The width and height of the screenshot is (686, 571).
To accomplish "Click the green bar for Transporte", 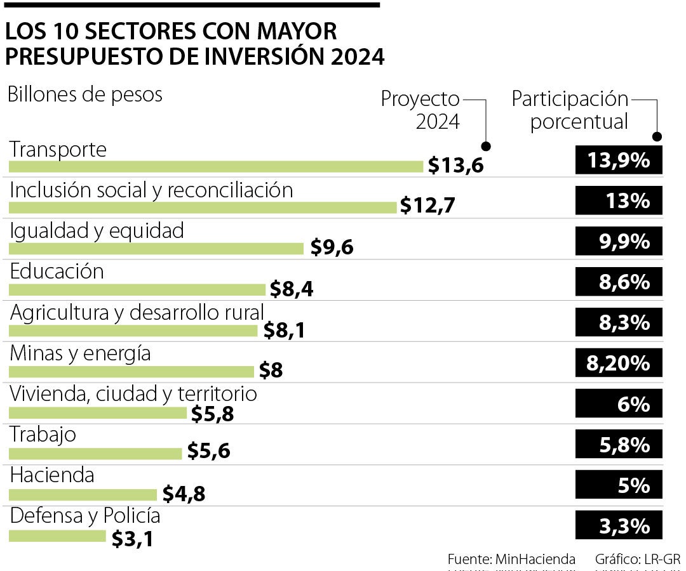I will (x=216, y=166).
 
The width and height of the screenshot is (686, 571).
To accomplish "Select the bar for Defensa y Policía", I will (x=57, y=536).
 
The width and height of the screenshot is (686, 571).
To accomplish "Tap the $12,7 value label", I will (x=428, y=206).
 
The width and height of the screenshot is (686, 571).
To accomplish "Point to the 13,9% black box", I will (x=619, y=160).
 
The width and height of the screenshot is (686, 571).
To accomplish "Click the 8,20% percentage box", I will (x=619, y=364).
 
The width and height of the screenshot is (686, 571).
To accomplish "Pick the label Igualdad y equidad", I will (x=97, y=230).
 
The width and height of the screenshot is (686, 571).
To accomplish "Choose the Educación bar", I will (x=137, y=290).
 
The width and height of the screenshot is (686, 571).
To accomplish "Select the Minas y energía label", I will (x=81, y=353).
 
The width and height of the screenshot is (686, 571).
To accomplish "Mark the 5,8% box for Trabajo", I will (x=619, y=445).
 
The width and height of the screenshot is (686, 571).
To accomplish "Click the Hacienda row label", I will (x=52, y=475).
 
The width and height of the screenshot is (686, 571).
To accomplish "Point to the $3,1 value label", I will (x=132, y=539).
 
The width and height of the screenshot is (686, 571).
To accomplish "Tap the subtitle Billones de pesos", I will (x=85, y=95).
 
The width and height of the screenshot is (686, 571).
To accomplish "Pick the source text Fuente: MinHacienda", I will (x=511, y=559).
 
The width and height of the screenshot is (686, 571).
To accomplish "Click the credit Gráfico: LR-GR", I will (x=637, y=559).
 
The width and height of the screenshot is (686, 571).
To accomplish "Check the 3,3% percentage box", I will (x=619, y=526).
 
